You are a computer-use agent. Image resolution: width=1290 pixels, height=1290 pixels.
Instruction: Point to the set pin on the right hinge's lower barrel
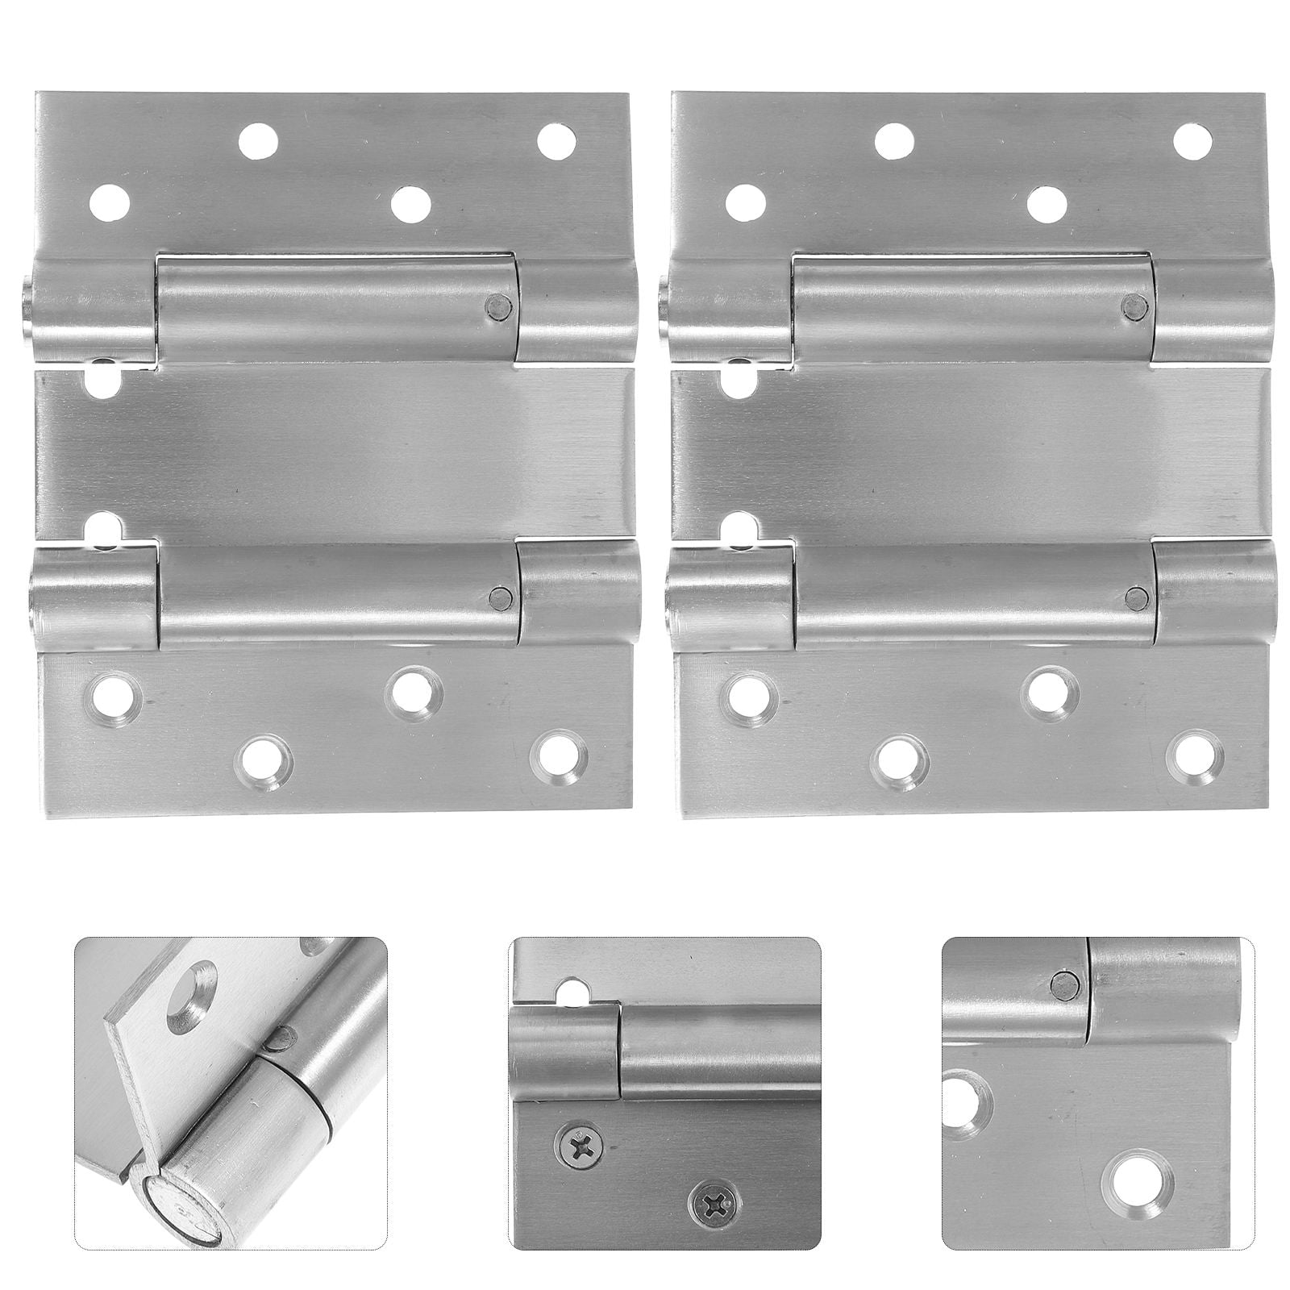[x=1135, y=597]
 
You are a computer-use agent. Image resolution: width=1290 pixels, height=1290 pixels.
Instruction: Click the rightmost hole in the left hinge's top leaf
[x=557, y=140]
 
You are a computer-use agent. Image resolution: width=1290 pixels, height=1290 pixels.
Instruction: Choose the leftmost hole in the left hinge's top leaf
[x=109, y=202]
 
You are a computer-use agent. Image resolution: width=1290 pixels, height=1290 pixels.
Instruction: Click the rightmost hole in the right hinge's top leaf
[x=1193, y=141]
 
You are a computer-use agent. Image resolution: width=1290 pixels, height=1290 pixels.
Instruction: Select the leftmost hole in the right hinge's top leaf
[x=745, y=202]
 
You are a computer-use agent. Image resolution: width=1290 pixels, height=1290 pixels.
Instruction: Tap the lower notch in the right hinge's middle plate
[x=739, y=528]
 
